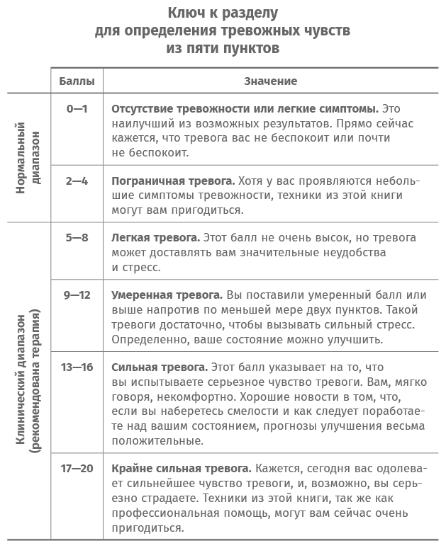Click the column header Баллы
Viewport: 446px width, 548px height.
(77, 81)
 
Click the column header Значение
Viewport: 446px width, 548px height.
(270, 81)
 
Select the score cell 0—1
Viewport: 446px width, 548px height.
(77, 109)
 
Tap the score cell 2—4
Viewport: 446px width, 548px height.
(77, 181)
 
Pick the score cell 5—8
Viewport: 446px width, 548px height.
(77, 238)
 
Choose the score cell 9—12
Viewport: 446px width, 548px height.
(77, 295)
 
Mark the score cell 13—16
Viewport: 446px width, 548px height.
(77, 367)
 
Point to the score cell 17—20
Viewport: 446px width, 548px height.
(77, 468)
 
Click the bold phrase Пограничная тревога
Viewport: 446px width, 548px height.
(172, 181)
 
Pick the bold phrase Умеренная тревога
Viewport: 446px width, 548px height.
(167, 295)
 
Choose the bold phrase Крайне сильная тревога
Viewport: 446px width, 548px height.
(182, 468)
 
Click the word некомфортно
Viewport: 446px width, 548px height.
(205, 396)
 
